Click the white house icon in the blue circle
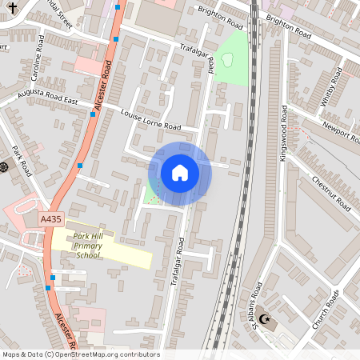coord(179,173)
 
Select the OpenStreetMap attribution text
coord(81,354)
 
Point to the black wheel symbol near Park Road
coord(4,166)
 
